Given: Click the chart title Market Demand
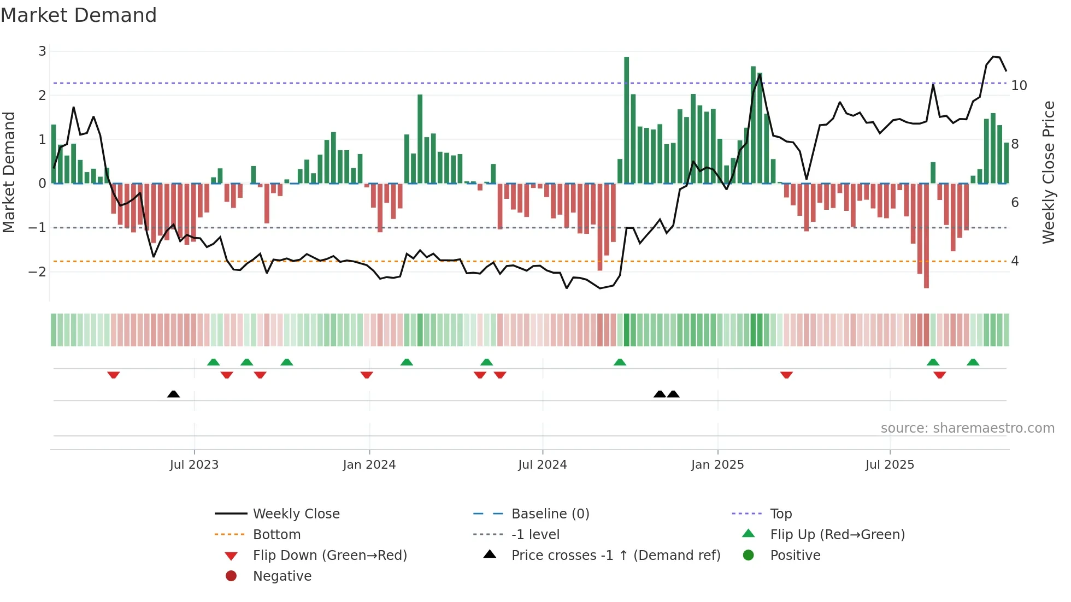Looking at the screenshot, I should pyautogui.click(x=79, y=15).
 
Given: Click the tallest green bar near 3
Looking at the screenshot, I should pyautogui.click(x=626, y=120).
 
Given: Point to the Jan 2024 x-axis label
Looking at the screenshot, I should pyautogui.click(x=369, y=465).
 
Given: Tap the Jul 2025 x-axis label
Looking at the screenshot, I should pyautogui.click(x=890, y=465).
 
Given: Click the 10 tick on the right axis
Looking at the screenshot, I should pyautogui.click(x=1019, y=86).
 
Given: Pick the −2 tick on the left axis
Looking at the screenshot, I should pyautogui.click(x=38, y=272).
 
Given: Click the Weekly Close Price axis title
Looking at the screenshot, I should pyautogui.click(x=1048, y=172).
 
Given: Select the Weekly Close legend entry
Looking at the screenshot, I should pyautogui.click(x=296, y=514).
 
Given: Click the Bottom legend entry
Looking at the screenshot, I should pyautogui.click(x=276, y=535).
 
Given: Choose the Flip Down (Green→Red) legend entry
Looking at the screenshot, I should pyautogui.click(x=329, y=556).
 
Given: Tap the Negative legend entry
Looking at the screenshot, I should pyautogui.click(x=282, y=576).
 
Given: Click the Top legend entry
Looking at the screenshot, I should pyautogui.click(x=780, y=514).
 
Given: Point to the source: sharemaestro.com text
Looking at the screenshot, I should pyautogui.click(x=967, y=428).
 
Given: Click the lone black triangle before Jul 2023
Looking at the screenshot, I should pyautogui.click(x=173, y=394).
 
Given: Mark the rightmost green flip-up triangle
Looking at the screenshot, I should pyautogui.click(x=973, y=362).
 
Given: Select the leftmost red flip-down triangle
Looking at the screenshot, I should pyautogui.click(x=114, y=375).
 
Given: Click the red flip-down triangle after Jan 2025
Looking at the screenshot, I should pyautogui.click(x=786, y=375).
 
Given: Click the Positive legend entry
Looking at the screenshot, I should pyautogui.click(x=795, y=556).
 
